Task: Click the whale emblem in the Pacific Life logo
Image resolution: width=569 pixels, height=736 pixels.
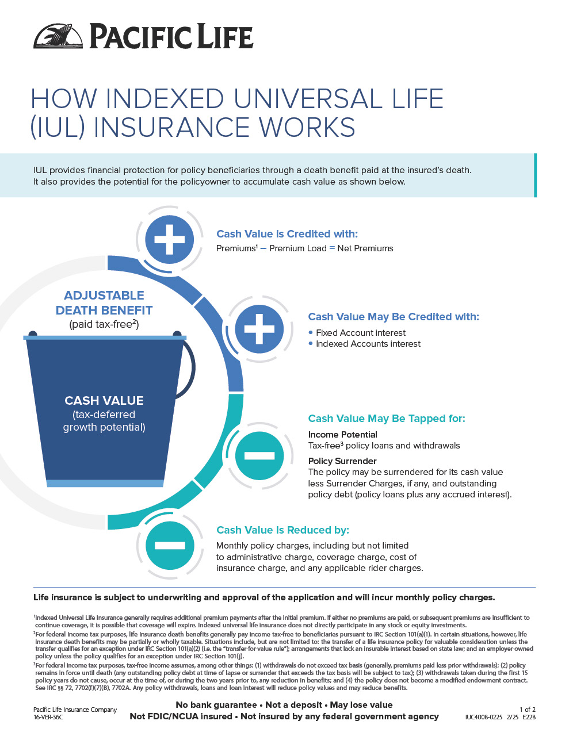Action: click(58, 36)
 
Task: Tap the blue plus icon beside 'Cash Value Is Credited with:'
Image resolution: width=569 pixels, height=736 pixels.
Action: click(170, 239)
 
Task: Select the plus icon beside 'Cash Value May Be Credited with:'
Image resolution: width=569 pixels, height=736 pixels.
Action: click(259, 329)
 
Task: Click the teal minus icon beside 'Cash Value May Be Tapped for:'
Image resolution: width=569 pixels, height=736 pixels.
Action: click(259, 455)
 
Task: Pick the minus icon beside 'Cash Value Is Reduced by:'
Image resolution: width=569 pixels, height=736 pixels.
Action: click(170, 545)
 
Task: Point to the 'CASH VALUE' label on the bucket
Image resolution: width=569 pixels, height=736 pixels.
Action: click(104, 400)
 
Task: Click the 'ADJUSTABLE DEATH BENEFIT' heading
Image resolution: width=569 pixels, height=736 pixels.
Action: click(104, 302)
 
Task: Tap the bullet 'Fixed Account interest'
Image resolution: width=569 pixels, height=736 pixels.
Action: click(361, 332)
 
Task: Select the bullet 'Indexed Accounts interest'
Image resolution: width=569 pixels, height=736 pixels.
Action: click(368, 344)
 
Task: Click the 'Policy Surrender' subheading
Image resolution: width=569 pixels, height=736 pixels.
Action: click(342, 461)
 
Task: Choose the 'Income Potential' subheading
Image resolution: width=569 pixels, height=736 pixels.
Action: click(343, 435)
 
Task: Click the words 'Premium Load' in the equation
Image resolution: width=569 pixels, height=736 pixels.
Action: click(298, 248)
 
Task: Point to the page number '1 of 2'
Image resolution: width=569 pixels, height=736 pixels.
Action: click(528, 709)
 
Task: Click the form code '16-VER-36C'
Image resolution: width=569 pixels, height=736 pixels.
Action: click(48, 717)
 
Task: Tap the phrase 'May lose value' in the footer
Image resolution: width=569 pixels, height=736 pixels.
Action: click(361, 705)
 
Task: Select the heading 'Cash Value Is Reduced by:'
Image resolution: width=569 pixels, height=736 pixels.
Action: click(282, 530)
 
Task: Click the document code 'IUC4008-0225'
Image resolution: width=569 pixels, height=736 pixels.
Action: click(484, 717)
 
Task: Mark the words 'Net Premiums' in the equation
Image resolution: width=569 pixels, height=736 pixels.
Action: click(365, 248)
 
